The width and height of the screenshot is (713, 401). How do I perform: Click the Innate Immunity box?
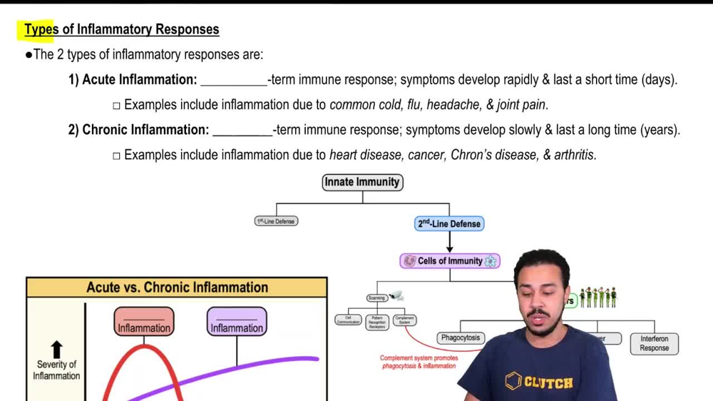pos(362,183)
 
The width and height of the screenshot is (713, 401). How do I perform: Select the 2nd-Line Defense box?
pos(449,224)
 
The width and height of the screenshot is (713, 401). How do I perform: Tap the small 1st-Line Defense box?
pos(276,221)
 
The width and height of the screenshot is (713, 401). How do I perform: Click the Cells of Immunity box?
pos(449,261)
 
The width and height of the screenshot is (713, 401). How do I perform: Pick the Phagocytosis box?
pos(460,338)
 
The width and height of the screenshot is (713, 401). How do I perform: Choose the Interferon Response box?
pos(654,343)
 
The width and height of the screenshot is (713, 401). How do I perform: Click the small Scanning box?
pos(376,298)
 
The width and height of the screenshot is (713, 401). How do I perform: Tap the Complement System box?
pos(404,320)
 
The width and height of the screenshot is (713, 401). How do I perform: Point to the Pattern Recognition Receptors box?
pos(377,323)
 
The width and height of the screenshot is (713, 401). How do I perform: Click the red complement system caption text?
pos(419,362)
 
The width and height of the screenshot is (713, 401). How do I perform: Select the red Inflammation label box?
pos(144,323)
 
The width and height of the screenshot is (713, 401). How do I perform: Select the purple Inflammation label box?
pos(237,323)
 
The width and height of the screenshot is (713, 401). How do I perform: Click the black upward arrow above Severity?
pos(56,349)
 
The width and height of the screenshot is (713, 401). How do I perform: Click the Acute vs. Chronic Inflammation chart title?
pos(177,288)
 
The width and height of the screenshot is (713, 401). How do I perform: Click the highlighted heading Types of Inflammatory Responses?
pos(122,29)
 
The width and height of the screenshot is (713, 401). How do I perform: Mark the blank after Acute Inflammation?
pos(233,80)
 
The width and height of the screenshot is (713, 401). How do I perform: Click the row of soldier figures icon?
pos(597,298)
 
